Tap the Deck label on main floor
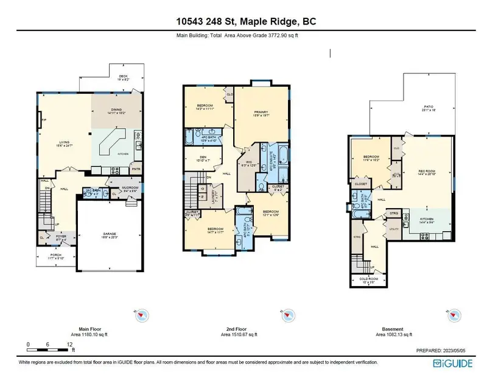(123, 77)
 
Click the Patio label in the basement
(429, 108)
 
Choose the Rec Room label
(427, 171)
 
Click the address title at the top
(243, 23)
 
